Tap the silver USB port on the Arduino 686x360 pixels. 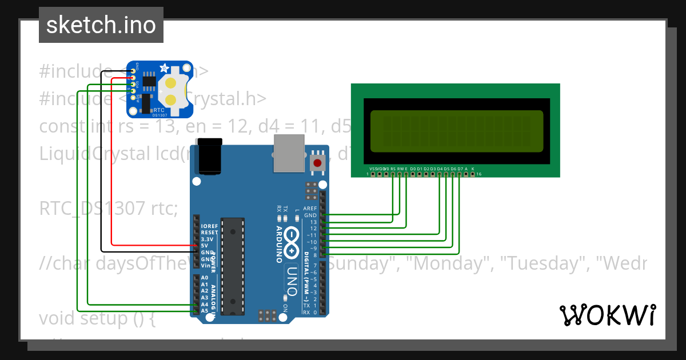coord(290,153)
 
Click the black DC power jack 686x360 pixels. coord(208,155)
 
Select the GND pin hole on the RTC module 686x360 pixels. coord(133,71)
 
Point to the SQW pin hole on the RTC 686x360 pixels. coord(133,97)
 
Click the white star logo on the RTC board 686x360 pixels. coord(164,68)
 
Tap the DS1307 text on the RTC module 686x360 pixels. coord(159,115)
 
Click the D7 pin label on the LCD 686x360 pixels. coord(460,169)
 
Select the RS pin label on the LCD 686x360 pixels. coord(393,169)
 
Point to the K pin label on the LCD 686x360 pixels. coord(473,169)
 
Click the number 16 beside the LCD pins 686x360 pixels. coord(479,174)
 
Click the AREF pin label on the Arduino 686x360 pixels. coord(310,209)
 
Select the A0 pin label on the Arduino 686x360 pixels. coord(205,278)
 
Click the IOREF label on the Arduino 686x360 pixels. coord(209,226)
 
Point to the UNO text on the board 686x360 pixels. coord(292,281)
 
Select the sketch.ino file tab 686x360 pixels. coord(101,25)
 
